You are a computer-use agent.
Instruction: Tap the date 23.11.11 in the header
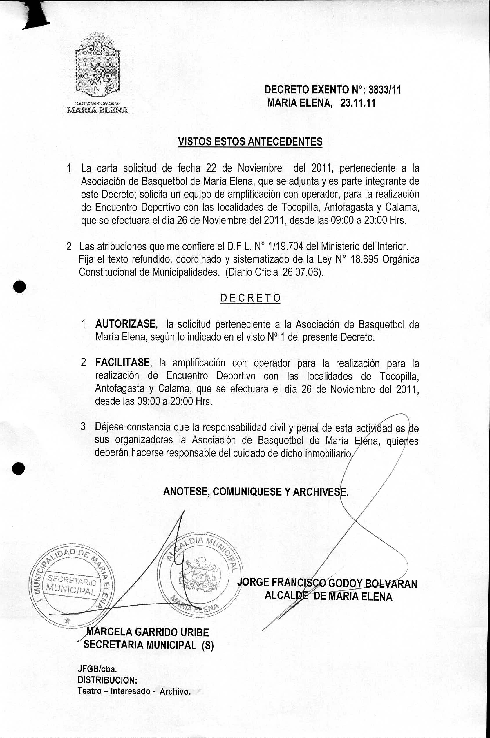pyautogui.click(x=358, y=103)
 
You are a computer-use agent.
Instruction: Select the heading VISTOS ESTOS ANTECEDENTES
pyautogui.click(x=250, y=142)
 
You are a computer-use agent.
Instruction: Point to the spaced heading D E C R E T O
pyautogui.click(x=250, y=298)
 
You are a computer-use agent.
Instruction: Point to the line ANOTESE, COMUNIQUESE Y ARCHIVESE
pyautogui.click(x=256, y=492)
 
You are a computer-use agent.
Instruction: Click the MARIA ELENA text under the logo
pyautogui.click(x=97, y=110)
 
